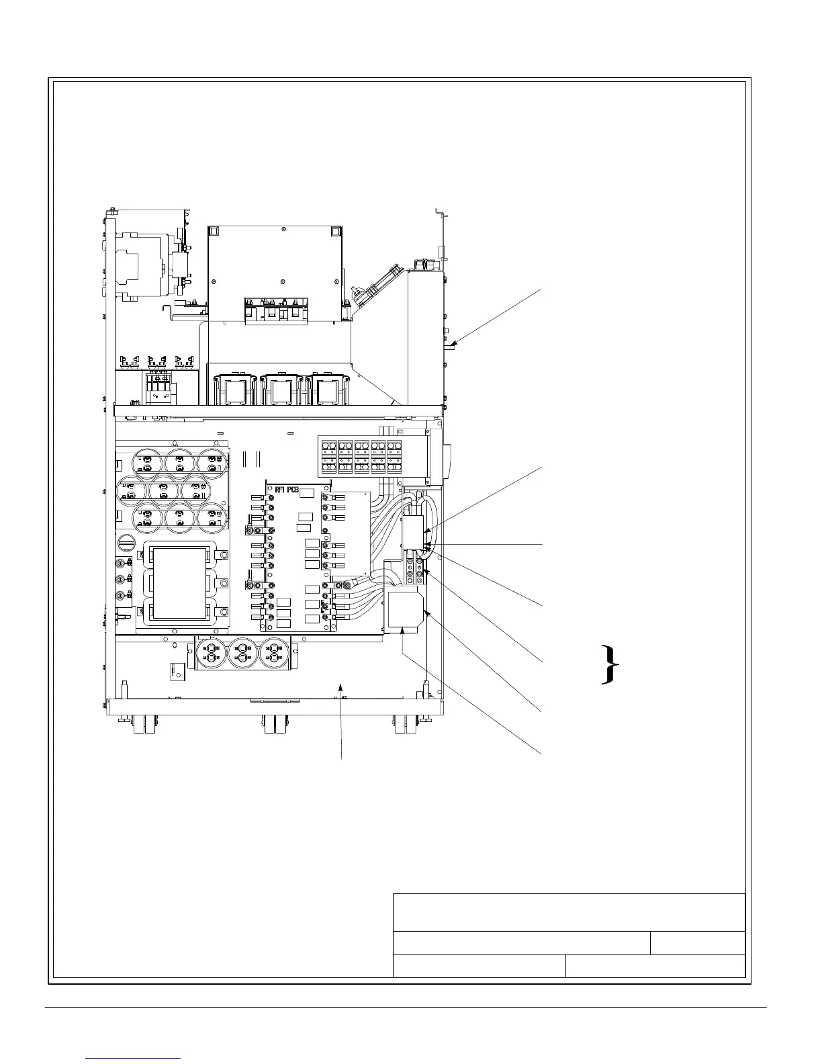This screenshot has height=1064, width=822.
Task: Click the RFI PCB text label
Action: [287, 488]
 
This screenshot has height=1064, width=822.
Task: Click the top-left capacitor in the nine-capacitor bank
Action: [147, 461]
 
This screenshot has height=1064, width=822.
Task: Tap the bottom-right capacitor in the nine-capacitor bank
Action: [214, 518]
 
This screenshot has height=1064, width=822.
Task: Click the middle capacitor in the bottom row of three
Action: [243, 653]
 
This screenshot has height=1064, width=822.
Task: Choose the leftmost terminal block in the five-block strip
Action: [329, 457]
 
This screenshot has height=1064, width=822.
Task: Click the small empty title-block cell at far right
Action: [698, 942]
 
